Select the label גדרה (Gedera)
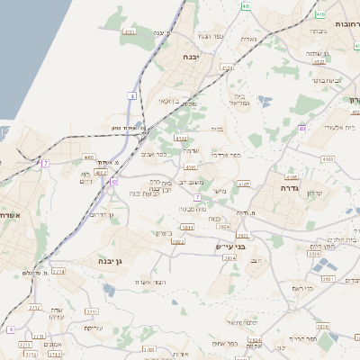pyautogui.click(x=290, y=189)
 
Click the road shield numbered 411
pyautogui.click(x=247, y=5)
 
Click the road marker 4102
pyautogui.click(x=181, y=139)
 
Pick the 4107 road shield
pyautogui.click(x=243, y=184)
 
